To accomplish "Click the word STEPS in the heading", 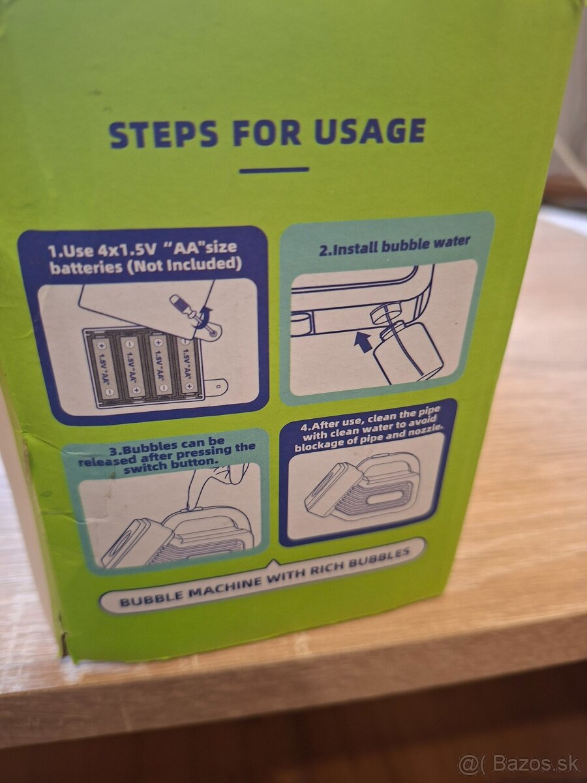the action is tap(164, 134).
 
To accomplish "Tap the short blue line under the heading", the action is tap(274, 170).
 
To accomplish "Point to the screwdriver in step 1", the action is tap(190, 311).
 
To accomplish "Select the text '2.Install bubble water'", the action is tap(394, 246).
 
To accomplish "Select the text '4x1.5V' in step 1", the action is tap(124, 251).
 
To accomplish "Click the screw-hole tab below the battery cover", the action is tap(218, 385).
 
